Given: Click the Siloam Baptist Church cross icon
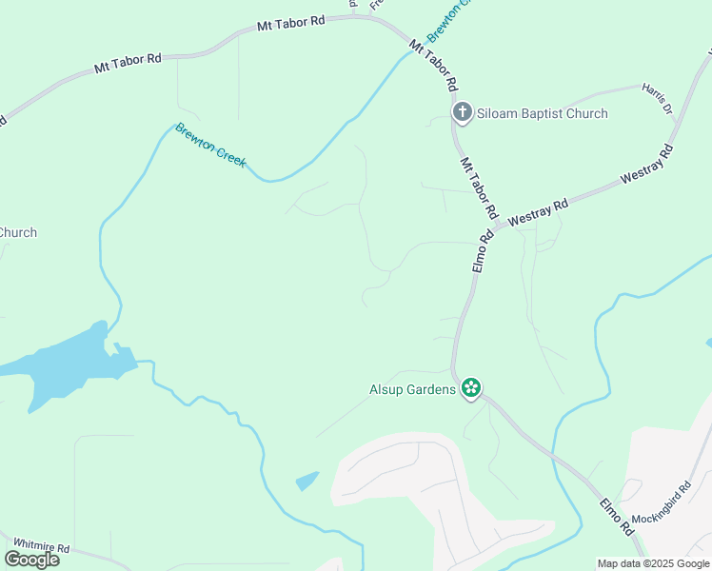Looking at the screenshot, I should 462,113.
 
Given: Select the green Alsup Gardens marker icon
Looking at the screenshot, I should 470,388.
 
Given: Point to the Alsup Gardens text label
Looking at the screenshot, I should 412,389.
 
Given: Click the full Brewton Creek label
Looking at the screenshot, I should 210,146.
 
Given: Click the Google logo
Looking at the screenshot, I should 31,560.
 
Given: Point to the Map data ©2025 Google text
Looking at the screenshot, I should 653,563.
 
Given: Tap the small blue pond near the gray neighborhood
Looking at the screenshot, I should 307,482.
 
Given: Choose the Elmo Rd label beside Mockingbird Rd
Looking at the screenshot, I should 617,515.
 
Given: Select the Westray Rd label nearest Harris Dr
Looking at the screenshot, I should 646,164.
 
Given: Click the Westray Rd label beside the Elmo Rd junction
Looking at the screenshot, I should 538,210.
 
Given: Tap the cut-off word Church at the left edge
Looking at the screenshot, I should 17,232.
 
